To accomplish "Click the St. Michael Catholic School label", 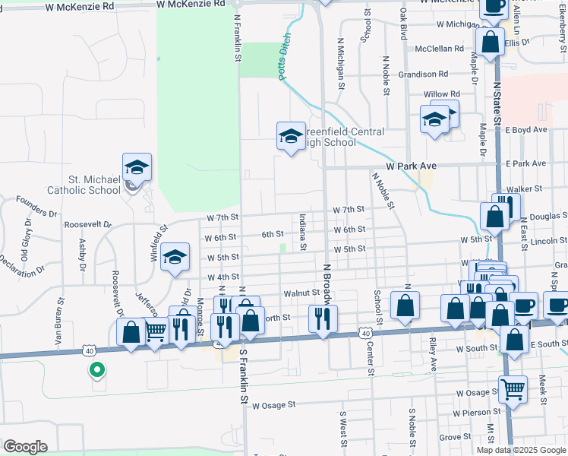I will point(84,185).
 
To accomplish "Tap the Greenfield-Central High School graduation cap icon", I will point(289,136).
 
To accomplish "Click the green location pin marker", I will point(96,370).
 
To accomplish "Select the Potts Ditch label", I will point(280,55).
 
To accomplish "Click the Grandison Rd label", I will point(423,74).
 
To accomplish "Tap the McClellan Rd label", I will point(439,49).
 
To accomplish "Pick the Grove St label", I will point(456,437).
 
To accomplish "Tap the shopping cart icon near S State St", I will point(513,390).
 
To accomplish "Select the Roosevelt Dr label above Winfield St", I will point(87,225).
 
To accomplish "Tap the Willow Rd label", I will point(437,94).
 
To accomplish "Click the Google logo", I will point(25,447).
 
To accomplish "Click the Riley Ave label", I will point(433,353).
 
